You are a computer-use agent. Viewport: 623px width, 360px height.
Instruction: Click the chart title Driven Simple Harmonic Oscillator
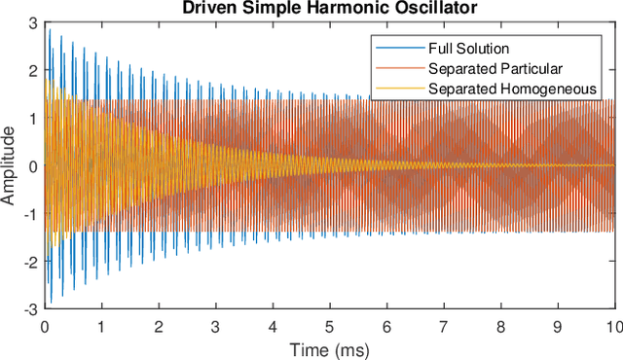click(328, 9)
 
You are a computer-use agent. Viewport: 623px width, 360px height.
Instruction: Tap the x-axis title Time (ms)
click(328, 347)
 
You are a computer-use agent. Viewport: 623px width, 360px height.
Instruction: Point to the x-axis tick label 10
click(612, 326)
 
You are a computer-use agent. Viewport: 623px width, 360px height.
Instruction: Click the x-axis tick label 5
click(329, 326)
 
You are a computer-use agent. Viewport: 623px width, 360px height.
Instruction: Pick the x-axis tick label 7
click(443, 326)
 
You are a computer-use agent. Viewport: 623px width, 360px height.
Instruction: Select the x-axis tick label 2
click(158, 326)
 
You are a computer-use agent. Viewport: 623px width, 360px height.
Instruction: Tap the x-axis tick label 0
click(44, 326)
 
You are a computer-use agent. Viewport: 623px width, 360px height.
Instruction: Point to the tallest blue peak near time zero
click(50, 30)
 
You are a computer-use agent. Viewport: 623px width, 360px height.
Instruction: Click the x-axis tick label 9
click(557, 326)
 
